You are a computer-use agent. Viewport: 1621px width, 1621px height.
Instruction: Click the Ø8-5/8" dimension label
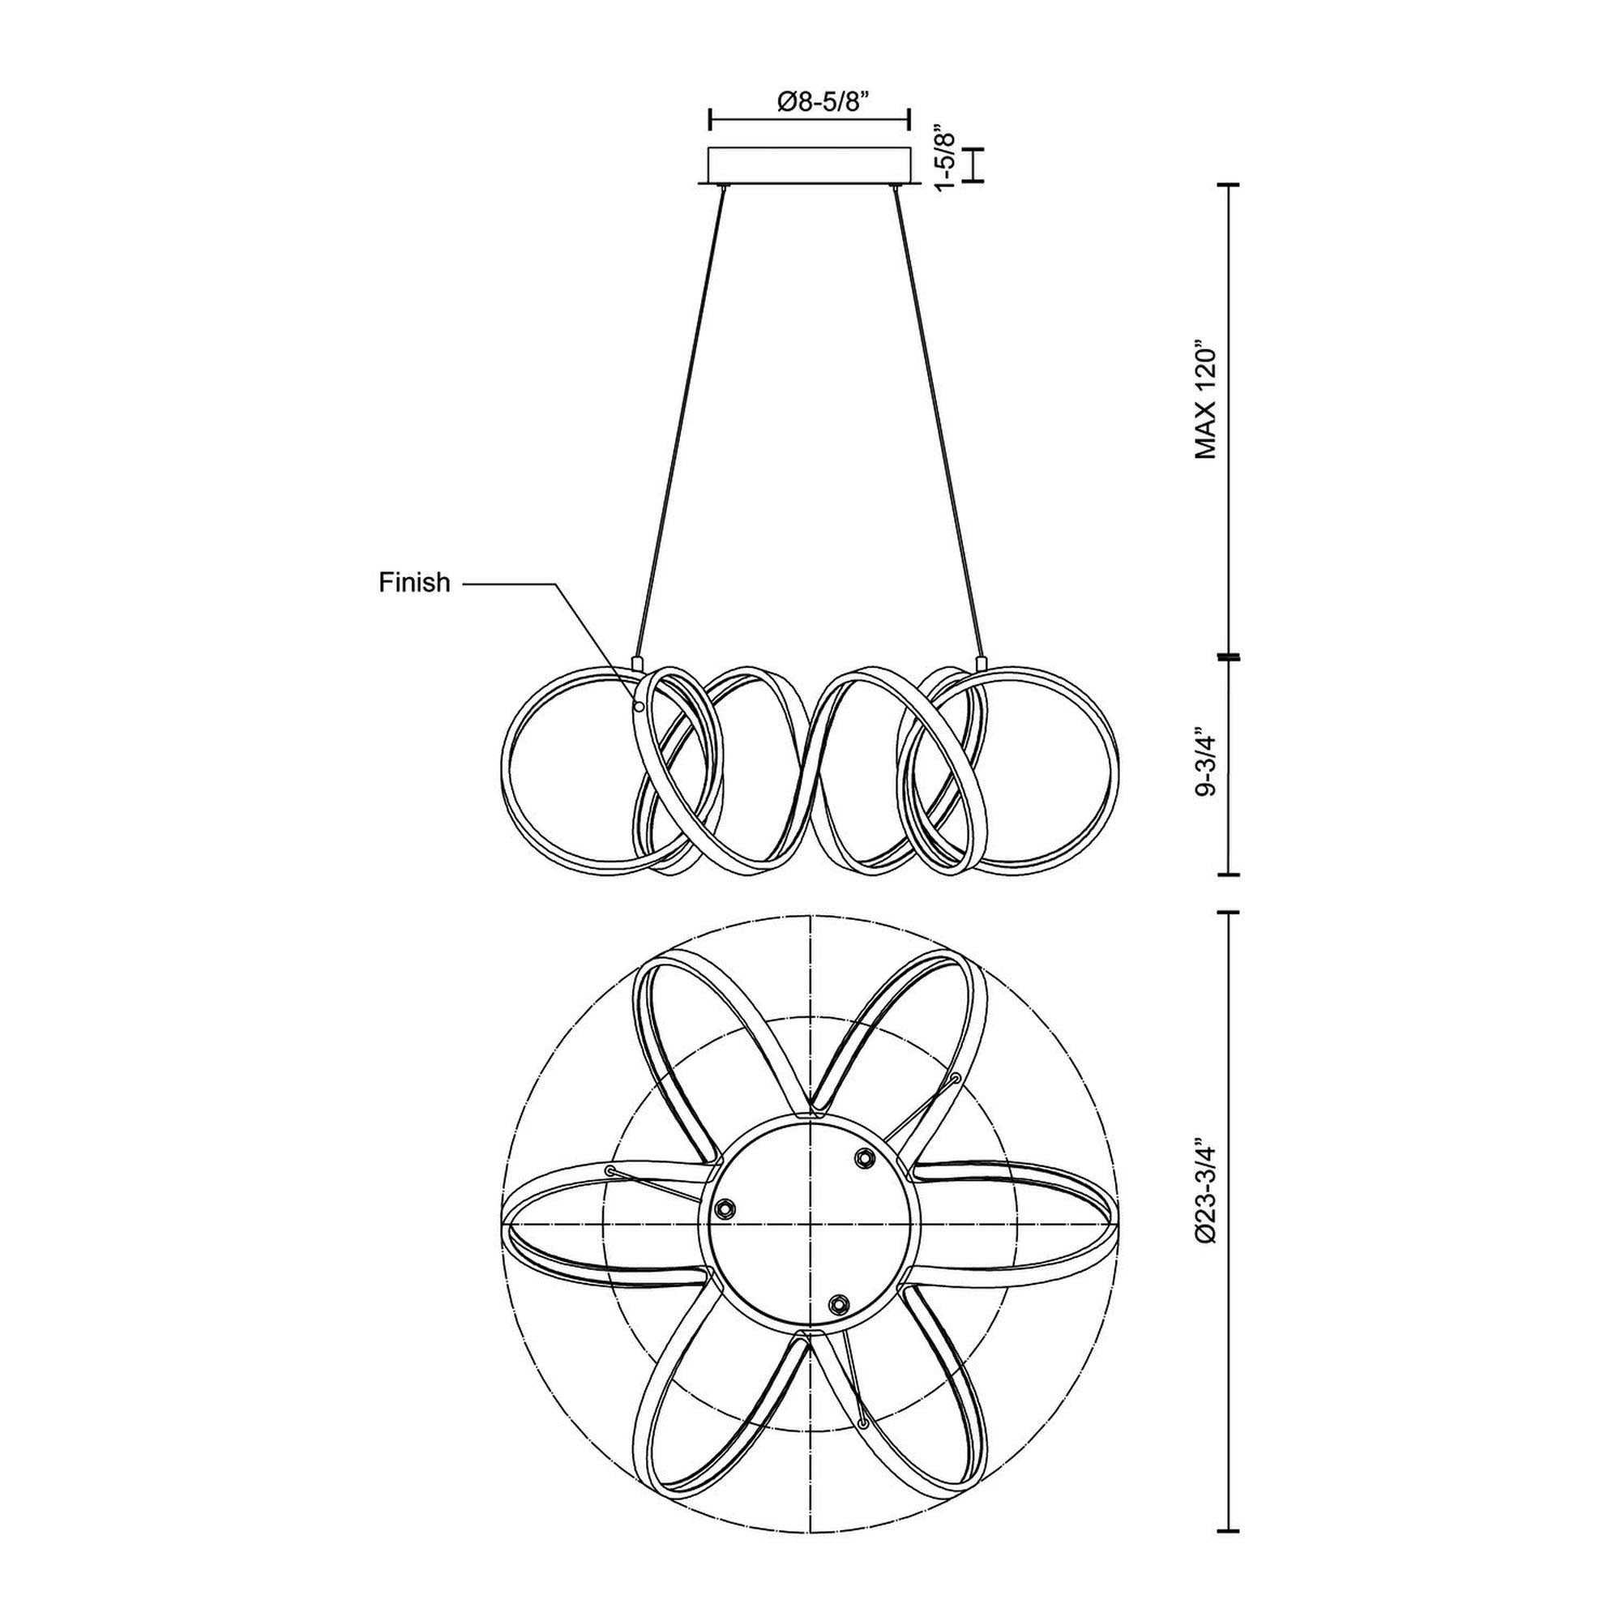click(809, 101)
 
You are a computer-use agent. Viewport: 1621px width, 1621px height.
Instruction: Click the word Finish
click(414, 582)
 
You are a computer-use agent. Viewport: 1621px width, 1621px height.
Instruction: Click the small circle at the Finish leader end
click(639, 707)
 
